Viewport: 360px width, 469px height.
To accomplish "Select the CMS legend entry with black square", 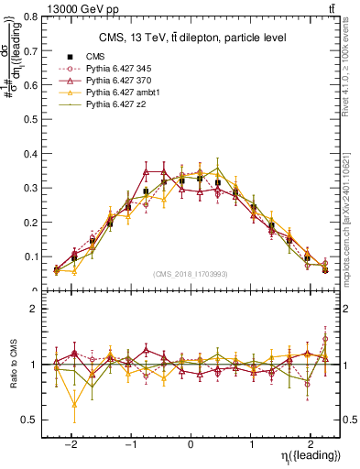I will click(x=97, y=57).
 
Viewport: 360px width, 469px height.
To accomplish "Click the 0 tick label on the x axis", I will click(x=191, y=440).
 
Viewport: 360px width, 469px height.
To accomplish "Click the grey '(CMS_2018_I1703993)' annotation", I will click(x=191, y=274).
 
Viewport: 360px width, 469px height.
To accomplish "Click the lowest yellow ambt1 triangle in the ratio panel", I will click(x=74, y=404).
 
